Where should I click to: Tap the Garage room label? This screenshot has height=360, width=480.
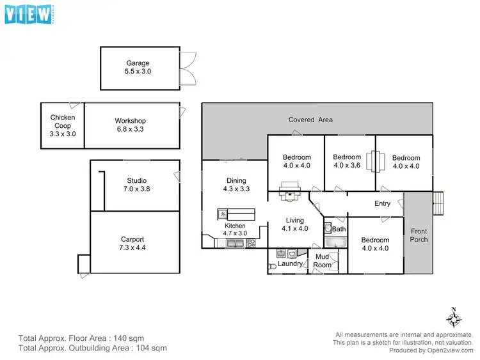(x=138, y=63)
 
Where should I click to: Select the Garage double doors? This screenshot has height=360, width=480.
(x=188, y=68)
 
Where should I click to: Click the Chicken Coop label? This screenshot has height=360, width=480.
(x=63, y=121)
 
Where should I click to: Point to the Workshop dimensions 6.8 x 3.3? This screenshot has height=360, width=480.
(x=131, y=129)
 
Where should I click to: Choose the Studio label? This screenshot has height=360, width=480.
(x=137, y=180)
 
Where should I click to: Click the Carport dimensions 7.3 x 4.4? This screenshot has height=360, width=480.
(x=132, y=247)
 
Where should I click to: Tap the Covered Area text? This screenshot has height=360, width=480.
(x=310, y=120)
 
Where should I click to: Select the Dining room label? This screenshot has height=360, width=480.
(x=236, y=181)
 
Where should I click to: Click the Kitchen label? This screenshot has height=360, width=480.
(x=235, y=226)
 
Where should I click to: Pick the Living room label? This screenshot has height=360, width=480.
(x=295, y=220)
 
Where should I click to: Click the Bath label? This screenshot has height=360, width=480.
(x=339, y=229)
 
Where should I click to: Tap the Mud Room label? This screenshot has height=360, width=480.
(x=323, y=261)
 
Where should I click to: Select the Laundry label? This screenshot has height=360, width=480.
(x=291, y=263)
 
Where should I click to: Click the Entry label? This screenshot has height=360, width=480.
(x=382, y=204)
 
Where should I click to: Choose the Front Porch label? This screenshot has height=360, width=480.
(x=419, y=235)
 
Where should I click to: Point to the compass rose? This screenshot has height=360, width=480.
(x=454, y=318)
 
